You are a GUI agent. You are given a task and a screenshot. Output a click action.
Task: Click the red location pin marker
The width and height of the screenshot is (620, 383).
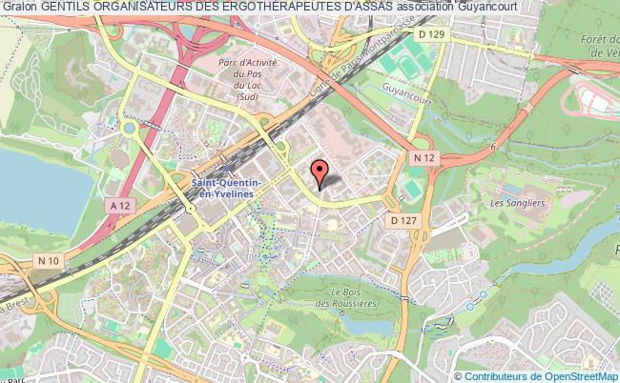(320, 172)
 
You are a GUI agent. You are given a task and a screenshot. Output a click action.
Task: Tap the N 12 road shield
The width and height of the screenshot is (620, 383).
(424, 156)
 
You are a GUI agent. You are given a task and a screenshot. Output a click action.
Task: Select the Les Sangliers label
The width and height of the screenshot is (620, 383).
(510, 202)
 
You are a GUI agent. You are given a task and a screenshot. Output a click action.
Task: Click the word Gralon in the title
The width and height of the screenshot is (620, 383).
(19, 8)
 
